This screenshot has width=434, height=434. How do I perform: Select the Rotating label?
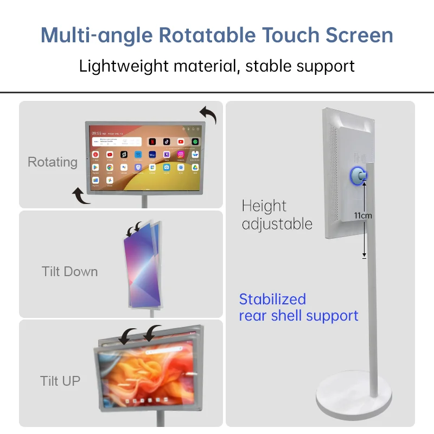[53, 162]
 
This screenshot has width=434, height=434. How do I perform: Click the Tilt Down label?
[69, 271]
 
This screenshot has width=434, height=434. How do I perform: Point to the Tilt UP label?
[60, 381]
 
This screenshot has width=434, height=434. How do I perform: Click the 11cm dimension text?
[363, 215]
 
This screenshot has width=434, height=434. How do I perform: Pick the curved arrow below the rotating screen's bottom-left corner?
[81, 196]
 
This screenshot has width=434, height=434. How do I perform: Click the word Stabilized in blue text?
[272, 299]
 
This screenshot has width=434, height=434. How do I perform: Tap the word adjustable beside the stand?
[277, 224]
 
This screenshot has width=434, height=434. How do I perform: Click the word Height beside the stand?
[264, 206]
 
